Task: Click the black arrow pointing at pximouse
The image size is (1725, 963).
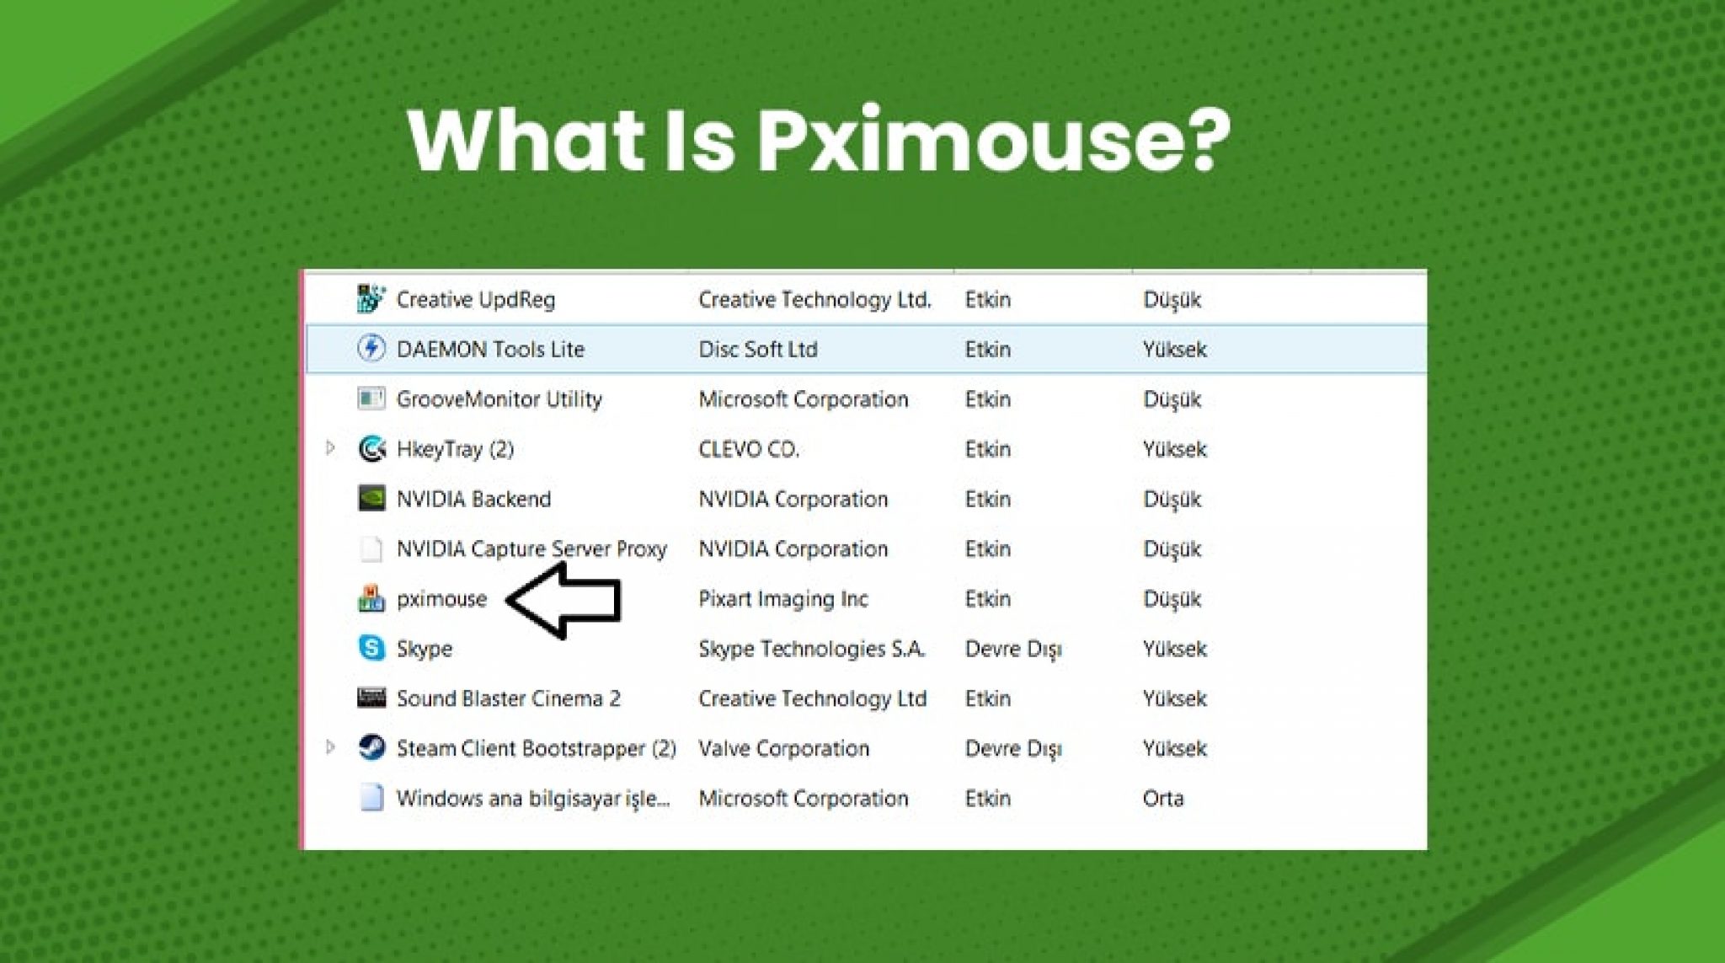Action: pyautogui.click(x=564, y=599)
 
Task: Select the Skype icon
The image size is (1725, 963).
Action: pyautogui.click(x=371, y=648)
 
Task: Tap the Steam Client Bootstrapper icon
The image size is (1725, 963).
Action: pyautogui.click(x=371, y=747)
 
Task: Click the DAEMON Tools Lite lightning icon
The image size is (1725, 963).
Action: pyautogui.click(x=371, y=348)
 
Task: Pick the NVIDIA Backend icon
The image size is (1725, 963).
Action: pyautogui.click(x=371, y=498)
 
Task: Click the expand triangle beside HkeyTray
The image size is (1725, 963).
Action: pyautogui.click(x=330, y=448)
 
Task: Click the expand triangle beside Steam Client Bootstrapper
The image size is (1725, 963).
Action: pyautogui.click(x=330, y=747)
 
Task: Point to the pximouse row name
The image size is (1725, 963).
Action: pyautogui.click(x=441, y=599)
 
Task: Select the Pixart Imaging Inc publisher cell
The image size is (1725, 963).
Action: pyautogui.click(x=782, y=599)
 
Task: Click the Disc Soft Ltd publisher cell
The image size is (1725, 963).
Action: pyautogui.click(x=757, y=349)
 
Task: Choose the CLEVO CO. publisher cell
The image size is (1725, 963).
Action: pyautogui.click(x=748, y=449)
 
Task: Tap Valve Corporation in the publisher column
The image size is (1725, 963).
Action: pyautogui.click(x=783, y=748)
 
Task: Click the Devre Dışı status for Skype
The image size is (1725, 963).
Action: pyautogui.click(x=1012, y=649)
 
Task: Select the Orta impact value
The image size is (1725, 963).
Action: pyautogui.click(x=1162, y=798)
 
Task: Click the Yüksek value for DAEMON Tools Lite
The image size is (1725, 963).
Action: pyautogui.click(x=1174, y=349)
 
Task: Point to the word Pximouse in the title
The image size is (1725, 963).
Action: pyautogui.click(x=994, y=141)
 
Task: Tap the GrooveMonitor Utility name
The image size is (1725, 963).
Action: pyautogui.click(x=499, y=399)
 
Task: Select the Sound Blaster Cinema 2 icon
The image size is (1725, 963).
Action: pyautogui.click(x=371, y=698)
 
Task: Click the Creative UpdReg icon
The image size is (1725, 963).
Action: pyautogui.click(x=371, y=299)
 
